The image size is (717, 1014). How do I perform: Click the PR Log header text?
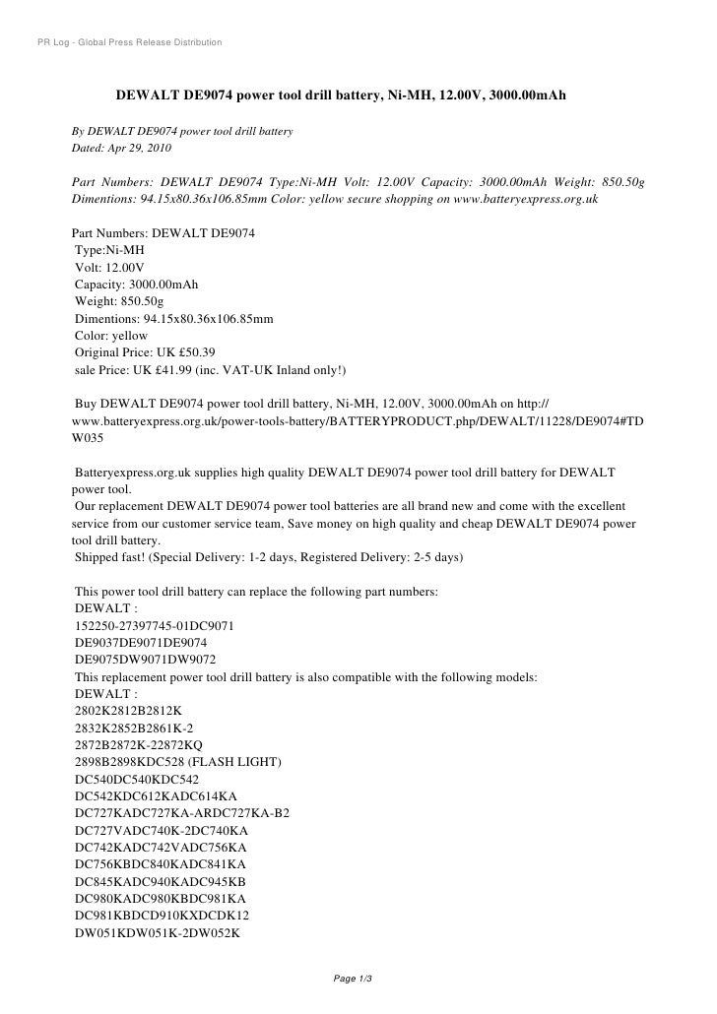pyautogui.click(x=128, y=42)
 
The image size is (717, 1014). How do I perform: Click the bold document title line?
pyautogui.click(x=341, y=99)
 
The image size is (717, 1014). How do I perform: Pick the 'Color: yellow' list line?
pyautogui.click(x=111, y=336)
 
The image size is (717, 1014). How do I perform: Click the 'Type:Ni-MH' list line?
pyautogui.click(x=109, y=250)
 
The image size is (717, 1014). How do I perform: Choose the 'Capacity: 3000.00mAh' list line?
pyautogui.click(x=136, y=285)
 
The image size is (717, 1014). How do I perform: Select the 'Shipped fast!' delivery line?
pyautogui.click(x=267, y=557)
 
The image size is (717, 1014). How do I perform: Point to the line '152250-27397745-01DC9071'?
pyautogui.click(x=154, y=626)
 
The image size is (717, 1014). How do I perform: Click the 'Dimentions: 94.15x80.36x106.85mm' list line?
pyautogui.click(x=173, y=319)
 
